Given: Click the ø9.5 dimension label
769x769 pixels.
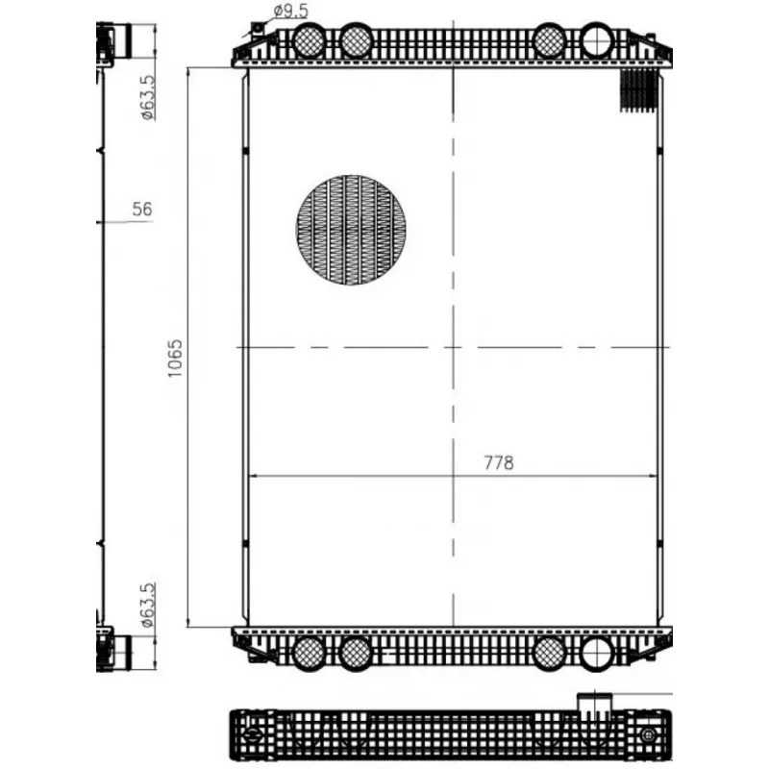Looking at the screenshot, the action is click(291, 11).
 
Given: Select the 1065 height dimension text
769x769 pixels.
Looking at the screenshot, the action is click(175, 358).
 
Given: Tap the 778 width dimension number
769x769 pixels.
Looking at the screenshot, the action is click(499, 463).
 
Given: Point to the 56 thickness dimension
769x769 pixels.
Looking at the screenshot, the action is click(142, 210).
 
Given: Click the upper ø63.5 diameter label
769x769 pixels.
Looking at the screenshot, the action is click(148, 98).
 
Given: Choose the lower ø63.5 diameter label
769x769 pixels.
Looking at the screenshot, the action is click(148, 606).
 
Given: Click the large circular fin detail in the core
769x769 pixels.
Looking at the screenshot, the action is click(351, 230).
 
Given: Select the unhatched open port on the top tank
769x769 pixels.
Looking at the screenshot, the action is click(597, 40).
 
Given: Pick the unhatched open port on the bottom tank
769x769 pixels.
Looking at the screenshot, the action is click(597, 653).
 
